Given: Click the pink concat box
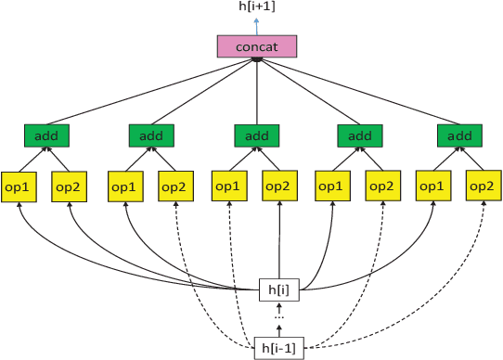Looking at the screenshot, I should coord(256,46).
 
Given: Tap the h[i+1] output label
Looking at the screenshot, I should coord(256,8).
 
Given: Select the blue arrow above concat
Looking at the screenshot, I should coord(256,26).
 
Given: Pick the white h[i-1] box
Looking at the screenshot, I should coord(279,350).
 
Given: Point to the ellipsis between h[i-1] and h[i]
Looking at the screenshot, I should coord(279,318).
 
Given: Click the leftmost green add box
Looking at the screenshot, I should coord(43,136).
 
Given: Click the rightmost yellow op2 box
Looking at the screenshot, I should coord(483,186).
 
